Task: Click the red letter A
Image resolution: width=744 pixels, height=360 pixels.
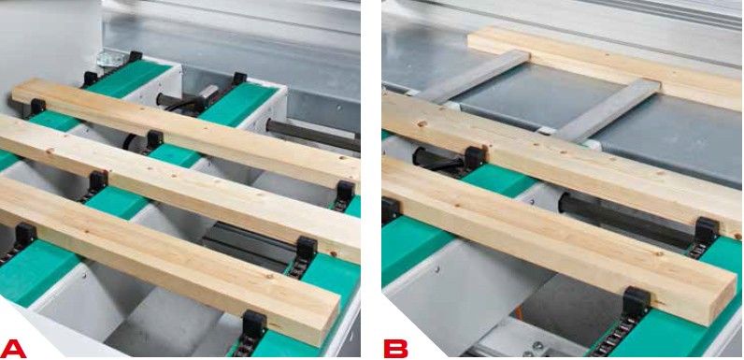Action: click(x=13, y=348)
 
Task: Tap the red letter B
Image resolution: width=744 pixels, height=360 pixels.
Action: click(x=395, y=348)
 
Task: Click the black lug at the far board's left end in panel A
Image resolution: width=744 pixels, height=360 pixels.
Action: click(x=36, y=108)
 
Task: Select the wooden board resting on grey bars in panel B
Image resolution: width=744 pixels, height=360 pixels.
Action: click(x=605, y=66)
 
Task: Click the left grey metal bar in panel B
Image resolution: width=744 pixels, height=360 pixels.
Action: click(x=475, y=76)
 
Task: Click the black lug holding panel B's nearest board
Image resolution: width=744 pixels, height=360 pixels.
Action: click(x=636, y=302)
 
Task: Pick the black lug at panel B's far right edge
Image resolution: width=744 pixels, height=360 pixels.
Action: click(x=706, y=230)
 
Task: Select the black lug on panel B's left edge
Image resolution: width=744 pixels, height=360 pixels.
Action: click(x=390, y=211)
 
